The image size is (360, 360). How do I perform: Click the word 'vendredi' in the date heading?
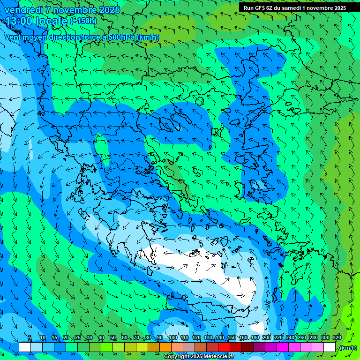23,9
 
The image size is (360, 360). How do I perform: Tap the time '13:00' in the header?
19,21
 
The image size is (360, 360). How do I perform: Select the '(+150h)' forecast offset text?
83,21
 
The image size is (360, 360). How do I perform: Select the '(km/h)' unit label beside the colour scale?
348,348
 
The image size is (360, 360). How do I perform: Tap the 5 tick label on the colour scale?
30,338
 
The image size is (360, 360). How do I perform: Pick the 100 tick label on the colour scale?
172,338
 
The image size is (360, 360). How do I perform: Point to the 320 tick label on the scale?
337,338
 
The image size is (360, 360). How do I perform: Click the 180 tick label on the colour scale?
255,338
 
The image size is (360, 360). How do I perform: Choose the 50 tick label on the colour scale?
113,338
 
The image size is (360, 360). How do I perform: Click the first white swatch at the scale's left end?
25,347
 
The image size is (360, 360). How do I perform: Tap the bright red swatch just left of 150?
224,347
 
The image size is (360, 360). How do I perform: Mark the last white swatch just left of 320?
330,347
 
